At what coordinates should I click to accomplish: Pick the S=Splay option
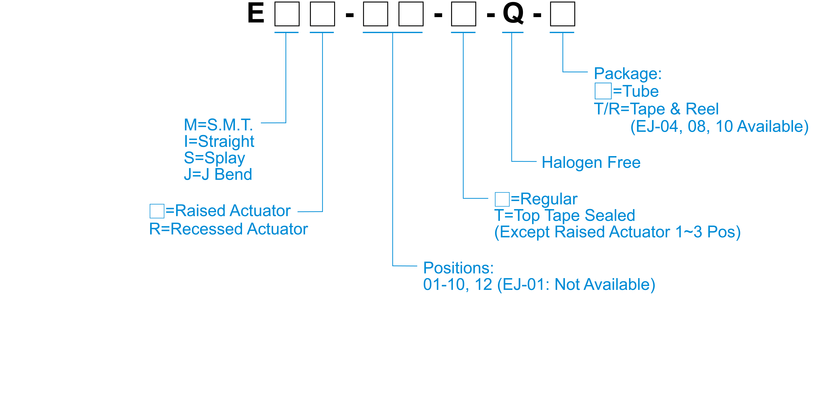[214, 158]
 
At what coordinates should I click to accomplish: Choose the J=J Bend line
[218, 174]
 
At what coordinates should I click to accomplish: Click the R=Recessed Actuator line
[228, 229]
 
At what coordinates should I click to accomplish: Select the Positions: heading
[458, 268]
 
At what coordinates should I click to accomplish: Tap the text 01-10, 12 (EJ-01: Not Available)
[539, 284]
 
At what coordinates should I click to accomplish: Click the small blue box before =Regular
[502, 199]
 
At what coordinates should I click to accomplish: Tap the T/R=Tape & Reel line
[656, 109]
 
